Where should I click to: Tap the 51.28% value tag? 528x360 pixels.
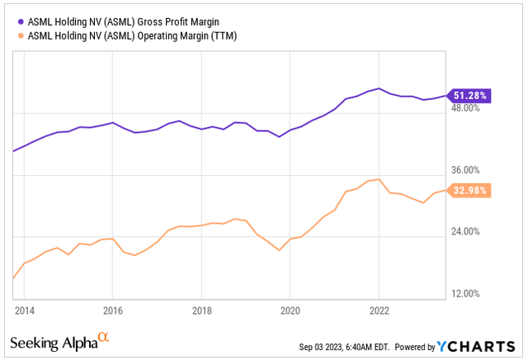[x=469, y=96]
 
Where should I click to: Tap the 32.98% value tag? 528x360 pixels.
[x=469, y=190]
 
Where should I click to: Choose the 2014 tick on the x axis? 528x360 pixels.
[x=24, y=311]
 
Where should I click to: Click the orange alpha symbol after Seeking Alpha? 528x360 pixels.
[x=103, y=338]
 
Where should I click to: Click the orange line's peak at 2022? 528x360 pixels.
[x=378, y=179]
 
